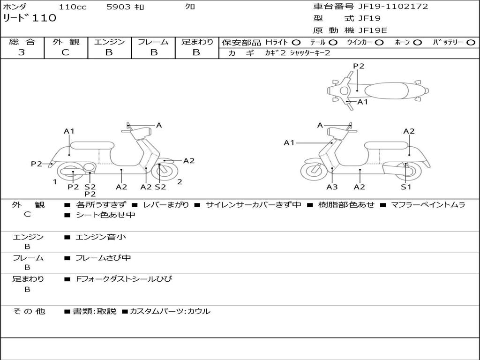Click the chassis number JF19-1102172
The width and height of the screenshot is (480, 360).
(x=386, y=7)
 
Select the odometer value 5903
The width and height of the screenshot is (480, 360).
(x=119, y=7)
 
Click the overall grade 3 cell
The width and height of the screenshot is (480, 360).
(x=22, y=52)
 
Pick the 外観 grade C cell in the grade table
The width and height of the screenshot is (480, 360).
(x=65, y=52)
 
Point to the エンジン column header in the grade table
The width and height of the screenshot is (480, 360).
(x=109, y=42)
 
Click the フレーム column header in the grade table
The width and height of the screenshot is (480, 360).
(x=153, y=42)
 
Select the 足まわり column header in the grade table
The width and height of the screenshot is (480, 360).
(x=197, y=42)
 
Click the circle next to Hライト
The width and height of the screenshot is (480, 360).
(x=296, y=42)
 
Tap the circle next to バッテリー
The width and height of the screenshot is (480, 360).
(x=471, y=42)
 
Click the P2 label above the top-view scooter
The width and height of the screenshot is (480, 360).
(x=359, y=66)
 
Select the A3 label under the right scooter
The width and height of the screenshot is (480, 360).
(x=332, y=187)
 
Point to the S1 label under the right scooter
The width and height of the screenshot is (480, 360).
(x=406, y=187)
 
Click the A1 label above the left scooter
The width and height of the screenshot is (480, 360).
(x=69, y=131)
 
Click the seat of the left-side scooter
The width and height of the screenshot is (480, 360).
(x=92, y=145)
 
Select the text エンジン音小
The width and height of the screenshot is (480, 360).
(x=101, y=237)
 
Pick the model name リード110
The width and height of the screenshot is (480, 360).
(x=30, y=18)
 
